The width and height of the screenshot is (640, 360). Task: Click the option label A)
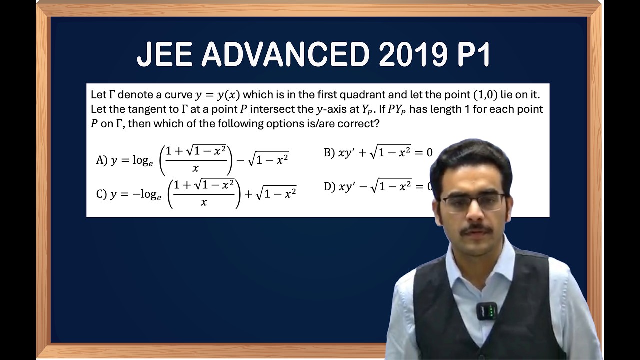click(102, 160)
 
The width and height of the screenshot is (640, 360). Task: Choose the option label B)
click(329, 153)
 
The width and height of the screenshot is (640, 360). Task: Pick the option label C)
click(102, 194)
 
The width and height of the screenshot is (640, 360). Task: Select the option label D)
click(329, 187)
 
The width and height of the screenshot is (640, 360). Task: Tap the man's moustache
click(476, 229)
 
